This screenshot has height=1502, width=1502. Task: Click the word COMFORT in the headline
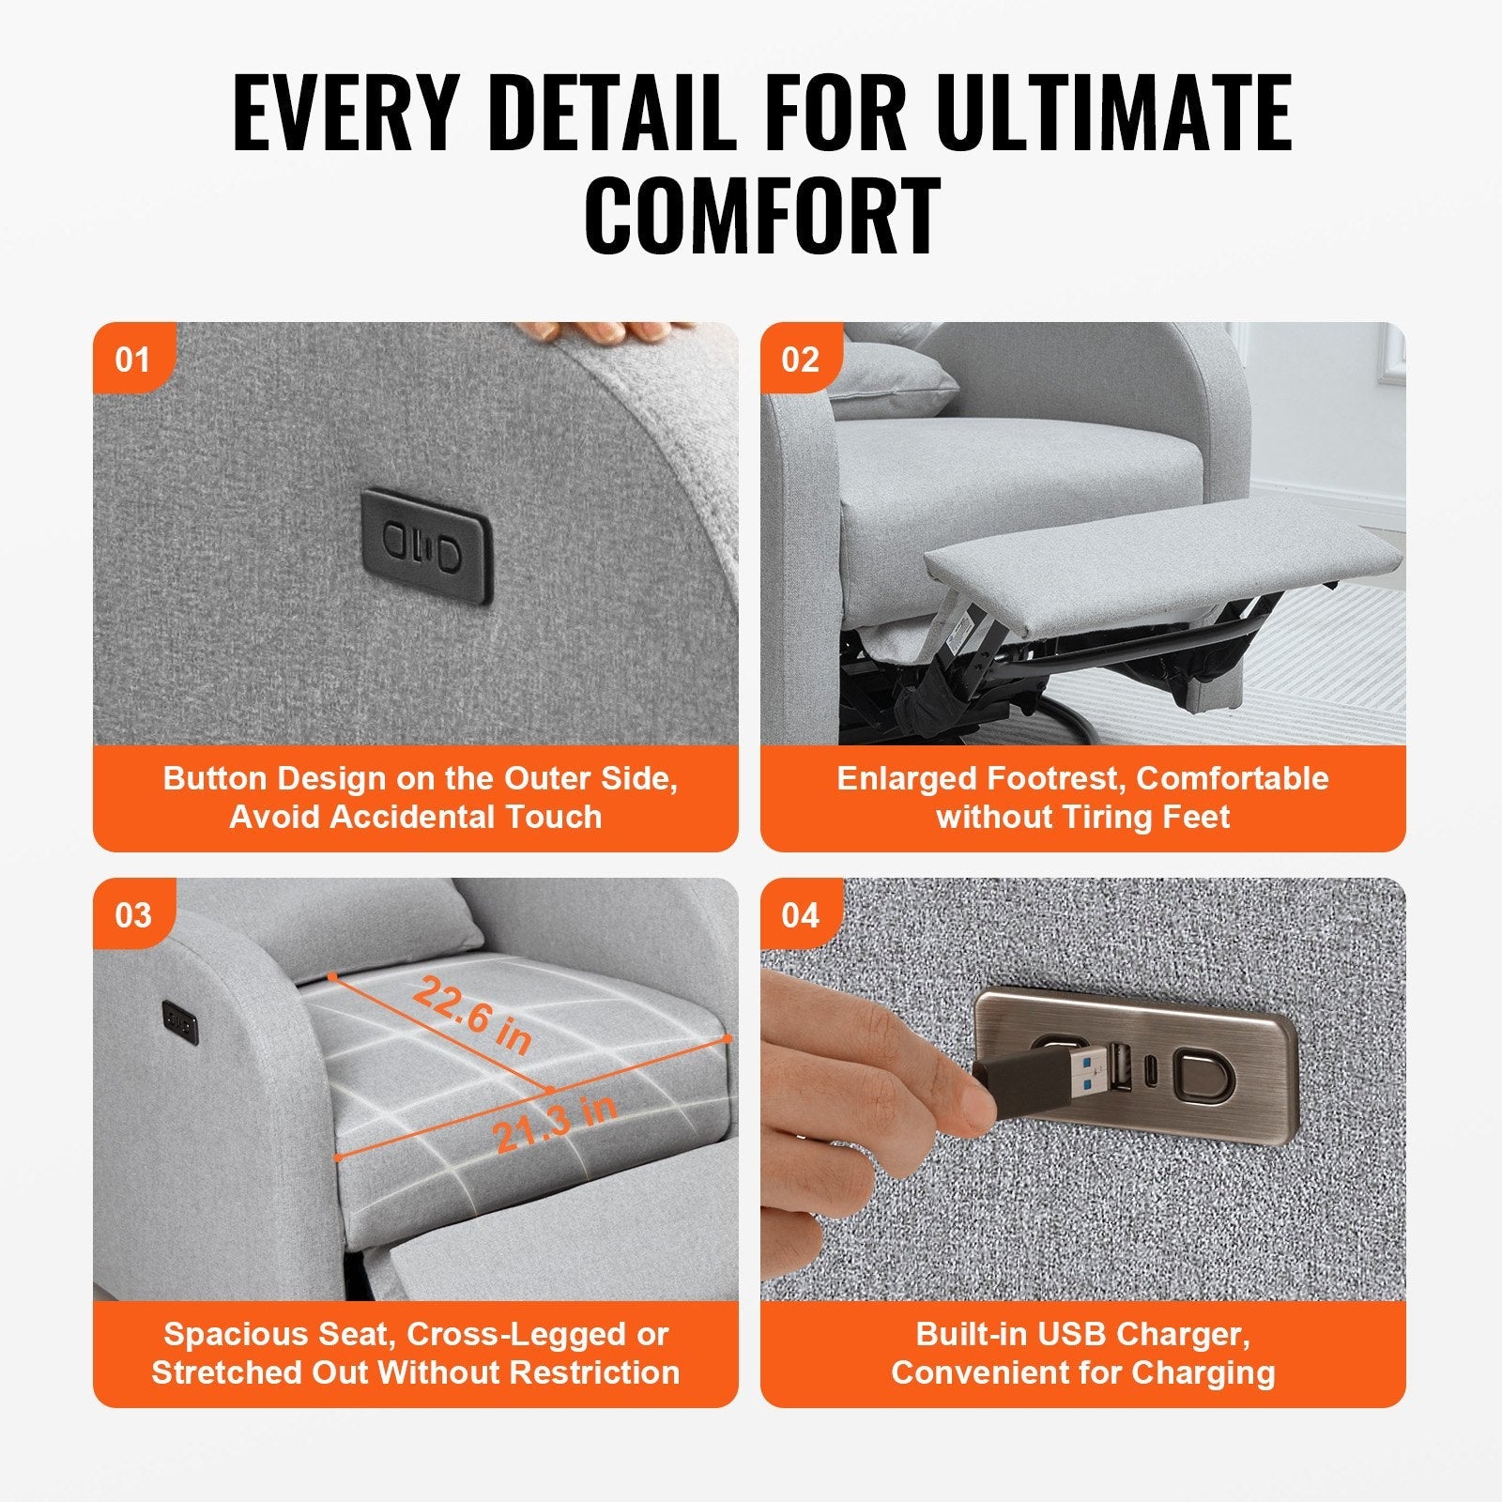761,216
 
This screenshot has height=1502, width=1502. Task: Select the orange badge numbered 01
132,360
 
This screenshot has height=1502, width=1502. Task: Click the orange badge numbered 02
800,360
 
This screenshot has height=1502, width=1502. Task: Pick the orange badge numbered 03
132,915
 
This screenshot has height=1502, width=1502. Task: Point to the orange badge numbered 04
800,915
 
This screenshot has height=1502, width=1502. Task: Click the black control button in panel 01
426,545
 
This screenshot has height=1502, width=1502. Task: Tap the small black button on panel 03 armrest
180,1022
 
